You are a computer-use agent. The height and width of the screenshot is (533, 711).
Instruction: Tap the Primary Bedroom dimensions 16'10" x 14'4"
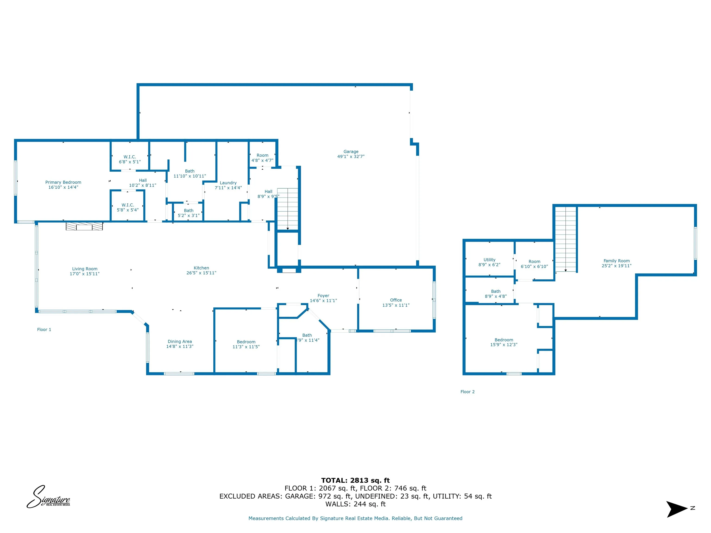(63, 187)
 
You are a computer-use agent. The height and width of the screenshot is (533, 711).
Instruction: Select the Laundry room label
(228, 183)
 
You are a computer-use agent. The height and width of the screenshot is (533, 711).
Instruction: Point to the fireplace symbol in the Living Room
(84, 226)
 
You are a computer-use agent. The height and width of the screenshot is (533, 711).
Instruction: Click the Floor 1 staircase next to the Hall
(288, 209)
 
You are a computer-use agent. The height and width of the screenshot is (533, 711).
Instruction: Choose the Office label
(396, 300)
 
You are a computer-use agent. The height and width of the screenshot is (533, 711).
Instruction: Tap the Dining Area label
(180, 341)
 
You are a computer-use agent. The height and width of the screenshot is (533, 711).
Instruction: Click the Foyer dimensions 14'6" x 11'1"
(323, 301)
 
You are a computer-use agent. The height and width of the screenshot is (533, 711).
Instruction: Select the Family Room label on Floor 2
(617, 261)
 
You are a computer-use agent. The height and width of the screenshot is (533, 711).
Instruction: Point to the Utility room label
(489, 260)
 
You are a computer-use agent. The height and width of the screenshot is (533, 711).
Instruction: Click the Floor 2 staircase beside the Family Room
(566, 239)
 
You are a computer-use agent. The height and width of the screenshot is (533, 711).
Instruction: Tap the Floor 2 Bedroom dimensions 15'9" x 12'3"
(504, 345)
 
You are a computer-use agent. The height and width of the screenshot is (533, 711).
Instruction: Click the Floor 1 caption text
(44, 330)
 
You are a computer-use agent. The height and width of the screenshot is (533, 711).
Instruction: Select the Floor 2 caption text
(467, 392)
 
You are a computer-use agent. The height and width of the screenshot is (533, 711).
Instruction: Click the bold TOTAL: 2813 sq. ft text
(355, 480)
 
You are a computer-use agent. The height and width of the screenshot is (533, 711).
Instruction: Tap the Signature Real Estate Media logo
(48, 497)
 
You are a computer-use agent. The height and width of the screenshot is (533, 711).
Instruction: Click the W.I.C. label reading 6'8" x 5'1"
(130, 162)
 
